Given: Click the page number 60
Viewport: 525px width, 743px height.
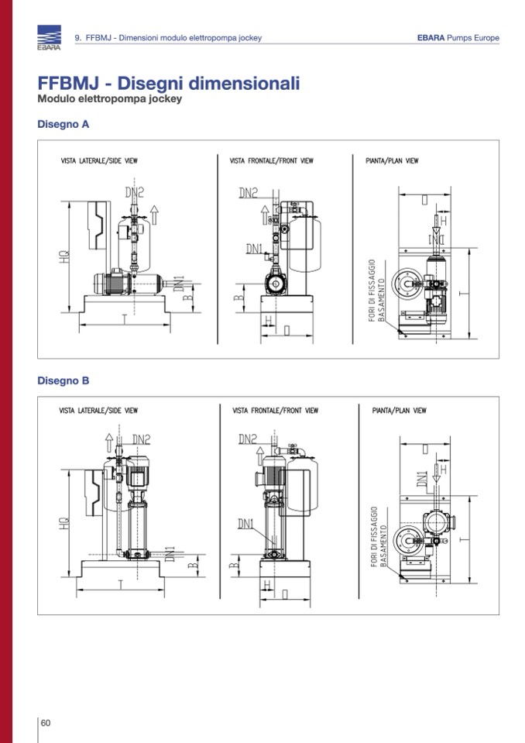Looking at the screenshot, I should (46, 723).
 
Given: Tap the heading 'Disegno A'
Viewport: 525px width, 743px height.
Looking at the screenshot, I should (63, 124).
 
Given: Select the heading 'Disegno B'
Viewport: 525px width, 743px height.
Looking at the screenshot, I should (63, 380).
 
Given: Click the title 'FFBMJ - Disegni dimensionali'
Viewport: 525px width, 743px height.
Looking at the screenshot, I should (169, 84).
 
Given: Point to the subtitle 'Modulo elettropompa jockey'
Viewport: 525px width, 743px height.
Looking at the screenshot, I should (109, 99).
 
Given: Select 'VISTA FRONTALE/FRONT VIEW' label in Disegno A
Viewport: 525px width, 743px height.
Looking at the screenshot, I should (271, 161).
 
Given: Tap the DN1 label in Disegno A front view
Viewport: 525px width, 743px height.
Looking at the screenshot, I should (255, 249).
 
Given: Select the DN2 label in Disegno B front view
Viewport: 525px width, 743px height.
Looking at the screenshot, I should (249, 439).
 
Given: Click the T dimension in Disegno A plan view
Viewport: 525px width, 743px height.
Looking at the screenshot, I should (461, 294).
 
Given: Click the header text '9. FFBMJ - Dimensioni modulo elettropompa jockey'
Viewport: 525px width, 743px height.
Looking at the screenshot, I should (168, 38).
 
